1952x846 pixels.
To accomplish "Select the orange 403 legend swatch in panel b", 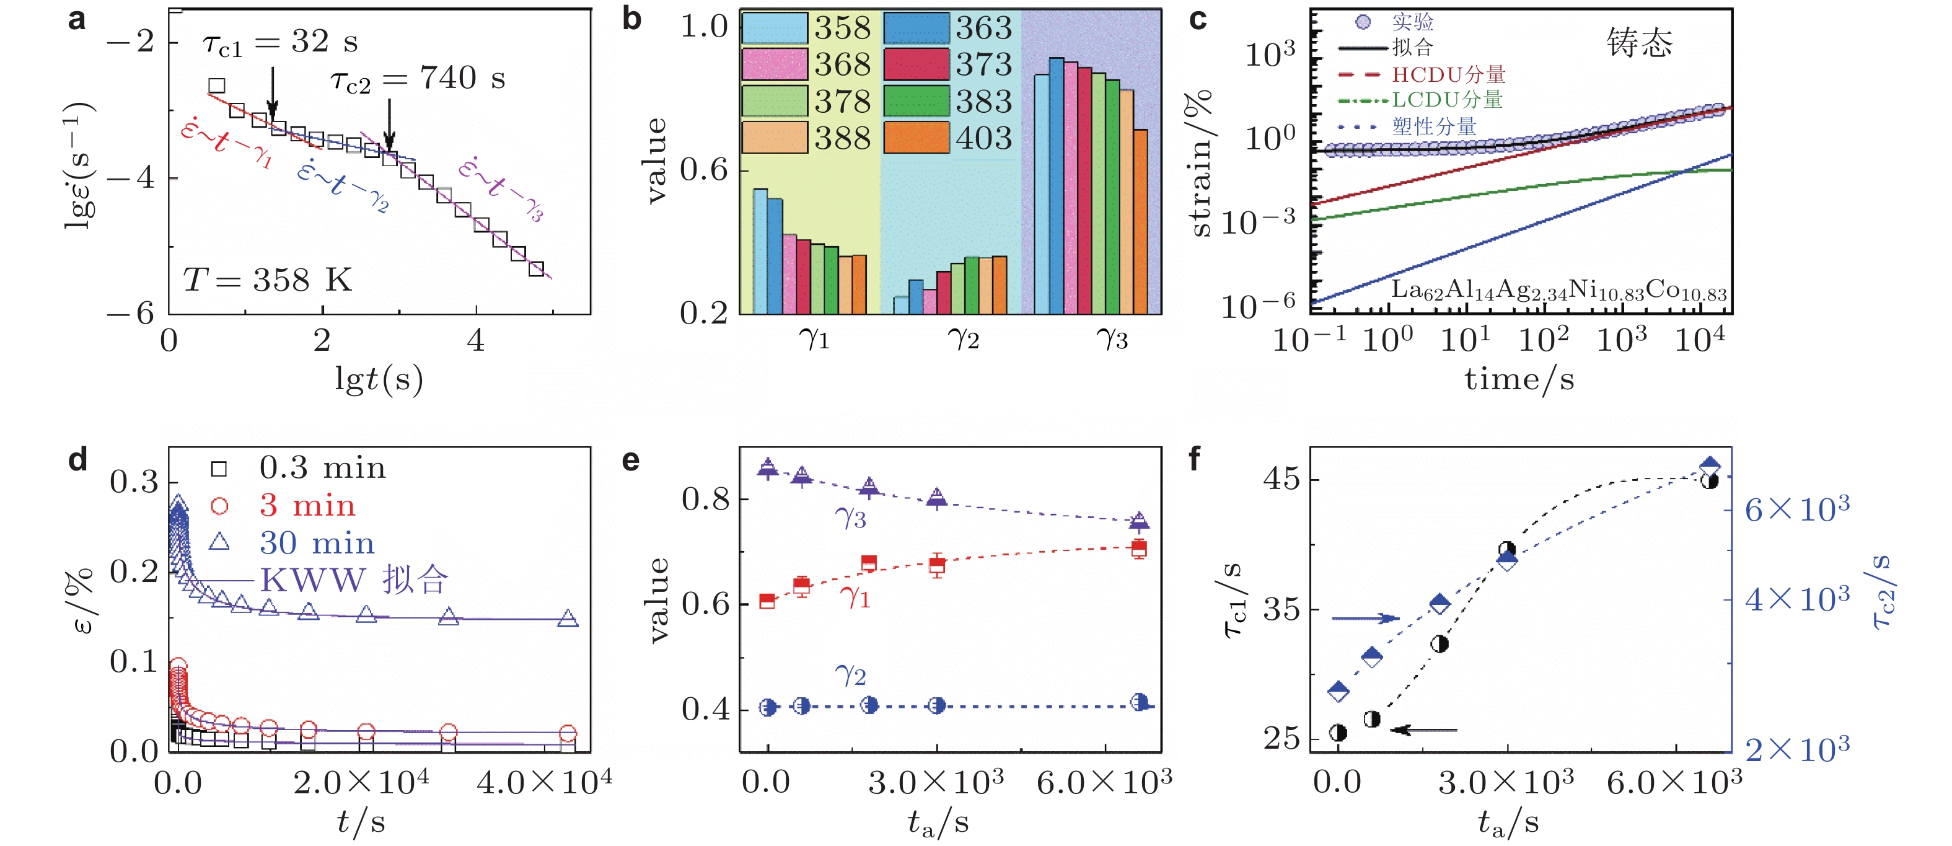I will click(x=916, y=137).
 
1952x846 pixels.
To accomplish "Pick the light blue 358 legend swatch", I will click(x=774, y=28).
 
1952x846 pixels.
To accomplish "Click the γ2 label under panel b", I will click(x=963, y=338).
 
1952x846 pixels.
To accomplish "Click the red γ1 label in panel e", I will click(x=855, y=597).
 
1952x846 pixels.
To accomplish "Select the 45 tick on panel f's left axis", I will click(x=1281, y=479).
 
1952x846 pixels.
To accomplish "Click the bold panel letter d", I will click(x=78, y=460).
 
